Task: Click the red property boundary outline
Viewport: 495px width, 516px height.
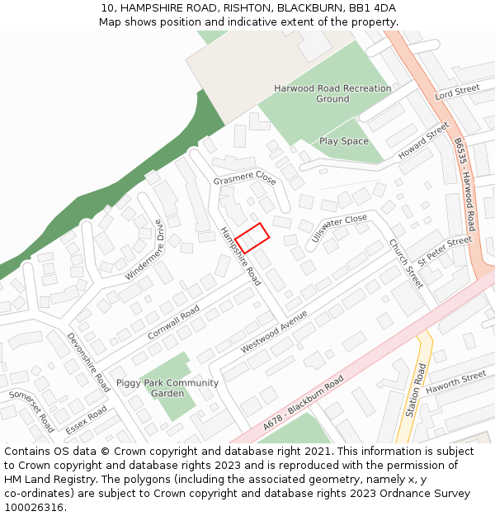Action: (x=252, y=238)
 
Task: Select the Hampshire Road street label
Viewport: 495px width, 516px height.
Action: (x=240, y=257)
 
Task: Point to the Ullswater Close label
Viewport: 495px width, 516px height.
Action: (x=339, y=229)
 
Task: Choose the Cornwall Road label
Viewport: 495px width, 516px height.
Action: (x=173, y=323)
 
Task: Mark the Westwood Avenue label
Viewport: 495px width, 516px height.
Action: (x=274, y=332)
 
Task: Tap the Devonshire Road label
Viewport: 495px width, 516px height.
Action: (x=89, y=362)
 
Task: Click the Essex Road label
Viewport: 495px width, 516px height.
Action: (x=86, y=419)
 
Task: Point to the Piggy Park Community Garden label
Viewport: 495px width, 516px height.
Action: (x=167, y=388)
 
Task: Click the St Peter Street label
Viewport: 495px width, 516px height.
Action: (x=445, y=250)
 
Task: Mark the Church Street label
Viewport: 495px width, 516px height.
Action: (x=406, y=263)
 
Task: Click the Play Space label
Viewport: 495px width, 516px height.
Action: (x=344, y=141)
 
